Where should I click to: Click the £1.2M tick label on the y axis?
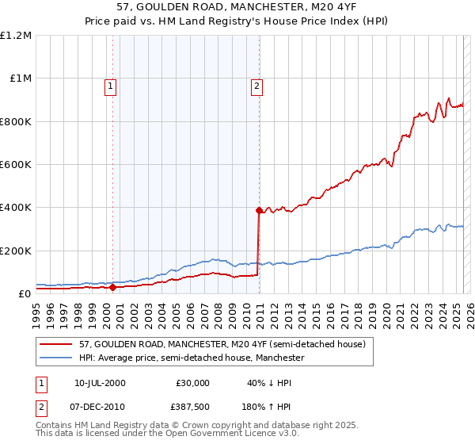16,35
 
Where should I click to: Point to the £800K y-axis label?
16,121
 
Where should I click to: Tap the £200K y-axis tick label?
16,251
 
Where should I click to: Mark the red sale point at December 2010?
259,210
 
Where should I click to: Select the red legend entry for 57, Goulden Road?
222,344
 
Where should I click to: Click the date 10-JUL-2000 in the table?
99,382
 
